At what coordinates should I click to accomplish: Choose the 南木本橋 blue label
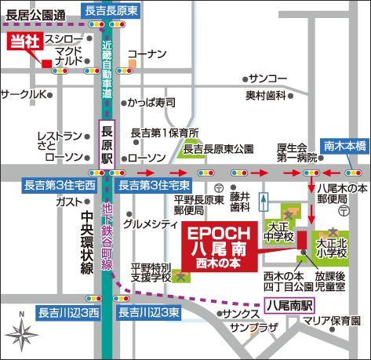coord(344,145)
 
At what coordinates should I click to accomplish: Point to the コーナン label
coord(147,54)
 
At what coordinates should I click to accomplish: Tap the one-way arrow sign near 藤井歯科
coord(264,201)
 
